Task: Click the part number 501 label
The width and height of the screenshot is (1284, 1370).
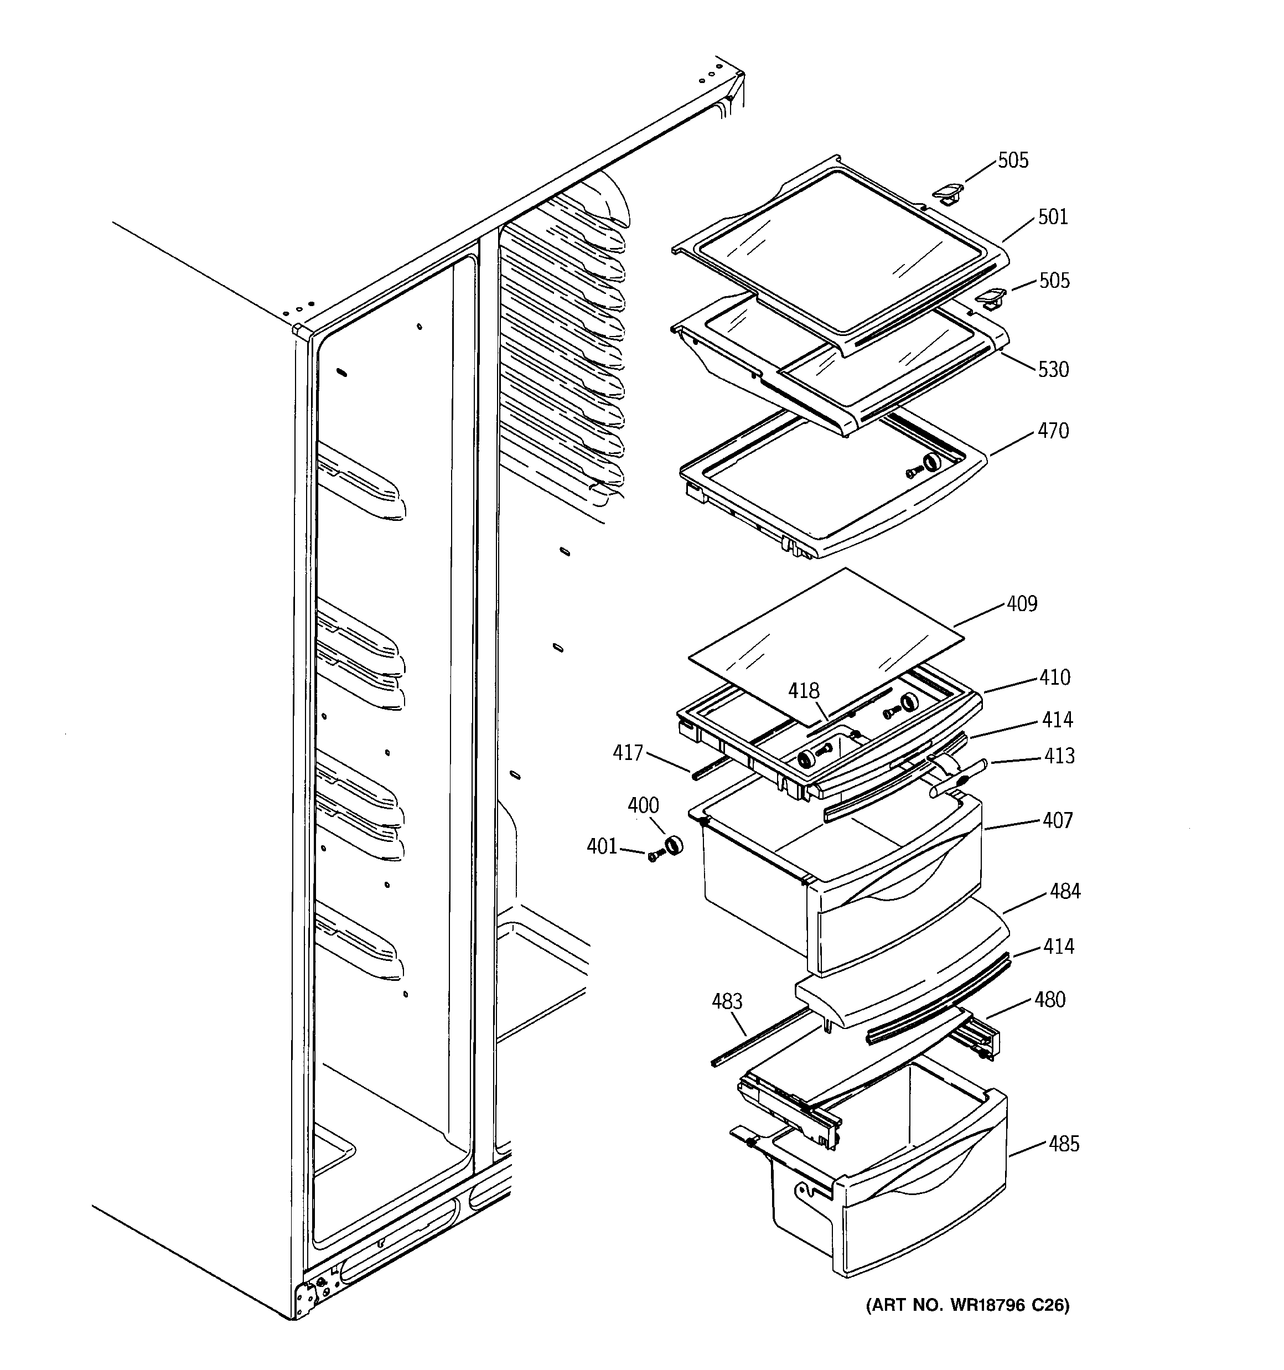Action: [1053, 217]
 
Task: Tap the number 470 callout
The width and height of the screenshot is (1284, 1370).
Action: [1053, 431]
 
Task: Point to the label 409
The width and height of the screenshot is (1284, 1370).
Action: [1022, 604]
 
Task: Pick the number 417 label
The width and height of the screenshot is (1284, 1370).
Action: [627, 753]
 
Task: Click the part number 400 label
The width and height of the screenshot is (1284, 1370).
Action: [643, 805]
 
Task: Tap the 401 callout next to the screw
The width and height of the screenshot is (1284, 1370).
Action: [602, 846]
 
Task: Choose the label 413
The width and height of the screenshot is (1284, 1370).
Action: [1059, 756]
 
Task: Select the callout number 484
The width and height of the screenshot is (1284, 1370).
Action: [1065, 891]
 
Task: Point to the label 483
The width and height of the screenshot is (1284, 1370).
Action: [727, 1001]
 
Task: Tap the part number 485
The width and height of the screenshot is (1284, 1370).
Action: [1064, 1144]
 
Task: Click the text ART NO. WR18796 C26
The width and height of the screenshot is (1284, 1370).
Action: [967, 1305]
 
